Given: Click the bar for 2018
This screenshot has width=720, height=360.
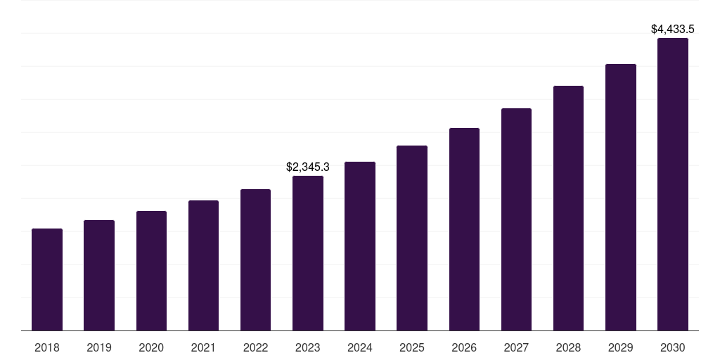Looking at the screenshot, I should (x=47, y=279).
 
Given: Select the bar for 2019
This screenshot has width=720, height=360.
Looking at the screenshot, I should (x=99, y=275).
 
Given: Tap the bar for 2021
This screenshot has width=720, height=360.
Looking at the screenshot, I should (x=203, y=265).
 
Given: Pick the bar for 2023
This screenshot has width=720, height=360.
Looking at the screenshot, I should (x=308, y=253).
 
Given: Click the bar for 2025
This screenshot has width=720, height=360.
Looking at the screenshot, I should (x=412, y=238).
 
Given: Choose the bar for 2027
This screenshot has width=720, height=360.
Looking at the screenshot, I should (x=516, y=219).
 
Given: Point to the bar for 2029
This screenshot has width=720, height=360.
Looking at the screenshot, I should (x=621, y=197).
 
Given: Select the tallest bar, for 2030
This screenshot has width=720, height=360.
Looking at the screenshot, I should (x=673, y=184).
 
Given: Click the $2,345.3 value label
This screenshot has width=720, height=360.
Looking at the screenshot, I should (x=308, y=167).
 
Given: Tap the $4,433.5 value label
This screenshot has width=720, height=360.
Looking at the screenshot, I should (x=673, y=30).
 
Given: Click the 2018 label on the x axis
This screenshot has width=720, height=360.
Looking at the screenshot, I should (x=47, y=348).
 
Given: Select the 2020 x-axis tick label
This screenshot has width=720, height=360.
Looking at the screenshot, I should (x=151, y=348).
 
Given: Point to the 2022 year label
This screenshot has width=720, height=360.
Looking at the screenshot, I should (x=255, y=348).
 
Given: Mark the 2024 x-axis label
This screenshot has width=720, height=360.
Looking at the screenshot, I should (x=360, y=348).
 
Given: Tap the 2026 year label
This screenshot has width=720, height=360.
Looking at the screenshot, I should (x=464, y=348).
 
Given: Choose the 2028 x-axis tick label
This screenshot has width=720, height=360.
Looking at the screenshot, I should (x=568, y=348).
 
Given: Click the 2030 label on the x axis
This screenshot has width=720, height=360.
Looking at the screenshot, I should (x=673, y=348).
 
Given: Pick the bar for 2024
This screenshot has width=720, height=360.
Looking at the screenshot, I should (x=360, y=246).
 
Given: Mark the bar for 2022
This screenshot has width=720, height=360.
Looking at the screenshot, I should (x=255, y=259).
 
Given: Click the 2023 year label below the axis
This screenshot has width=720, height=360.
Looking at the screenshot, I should (x=308, y=348).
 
